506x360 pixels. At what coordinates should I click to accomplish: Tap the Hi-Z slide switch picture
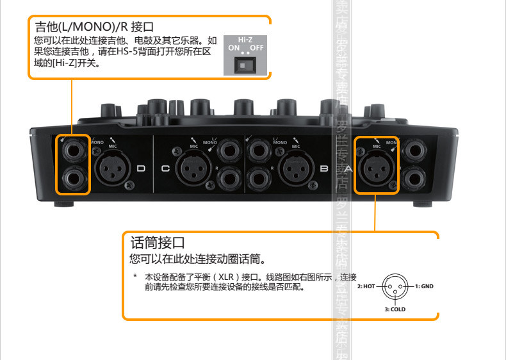coord(247,65)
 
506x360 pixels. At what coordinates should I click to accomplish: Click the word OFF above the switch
coord(257,48)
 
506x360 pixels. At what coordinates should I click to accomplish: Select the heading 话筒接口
coord(157,243)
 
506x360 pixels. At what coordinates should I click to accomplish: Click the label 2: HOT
coord(366,286)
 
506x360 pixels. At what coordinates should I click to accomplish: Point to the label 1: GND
coord(423,286)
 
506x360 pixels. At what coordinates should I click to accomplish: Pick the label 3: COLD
coord(395,309)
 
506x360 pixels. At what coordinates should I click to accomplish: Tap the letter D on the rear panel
coord(142,168)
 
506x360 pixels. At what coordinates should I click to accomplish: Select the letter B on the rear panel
coord(324,168)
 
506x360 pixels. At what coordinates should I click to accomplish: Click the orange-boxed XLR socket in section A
coord(377,169)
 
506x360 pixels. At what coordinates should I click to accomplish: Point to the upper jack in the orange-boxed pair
coord(73,152)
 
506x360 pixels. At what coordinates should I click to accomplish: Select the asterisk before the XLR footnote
coord(135,277)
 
